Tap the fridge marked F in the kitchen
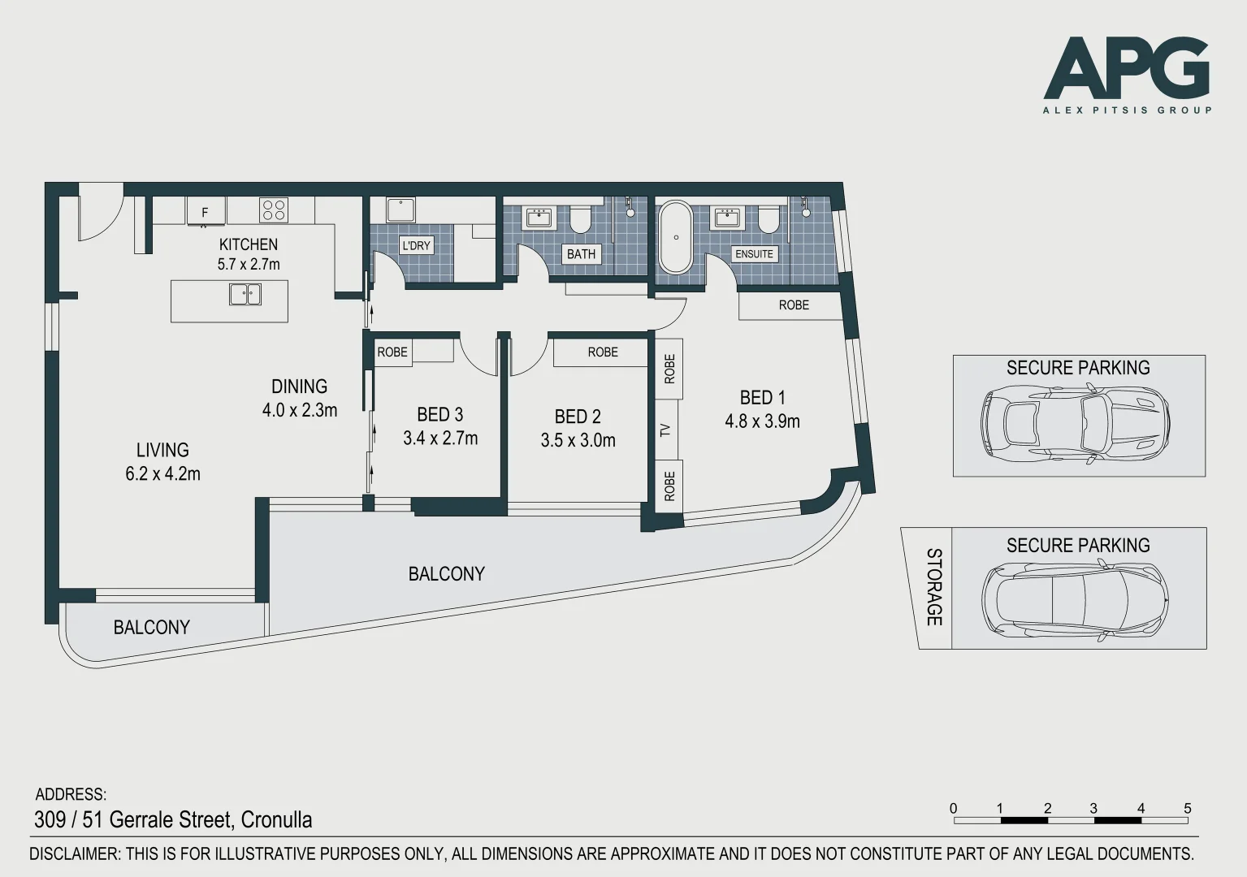pos(206,211)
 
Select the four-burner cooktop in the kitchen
pos(273,210)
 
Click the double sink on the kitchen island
pos(245,294)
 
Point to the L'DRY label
pos(416,245)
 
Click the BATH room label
pos(581,254)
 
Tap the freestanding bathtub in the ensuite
pos(675,236)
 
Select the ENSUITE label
pos(754,254)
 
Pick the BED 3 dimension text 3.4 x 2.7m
pos(440,438)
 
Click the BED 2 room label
pos(578,417)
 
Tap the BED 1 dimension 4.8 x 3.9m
pos(762,421)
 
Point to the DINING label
pos(299,387)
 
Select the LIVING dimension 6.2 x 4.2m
pos(162,473)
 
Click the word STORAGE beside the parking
pos(934,587)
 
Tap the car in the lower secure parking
pos(1076,600)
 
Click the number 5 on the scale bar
pos(1187,809)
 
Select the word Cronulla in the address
pos(276,819)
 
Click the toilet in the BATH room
pos(580,218)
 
